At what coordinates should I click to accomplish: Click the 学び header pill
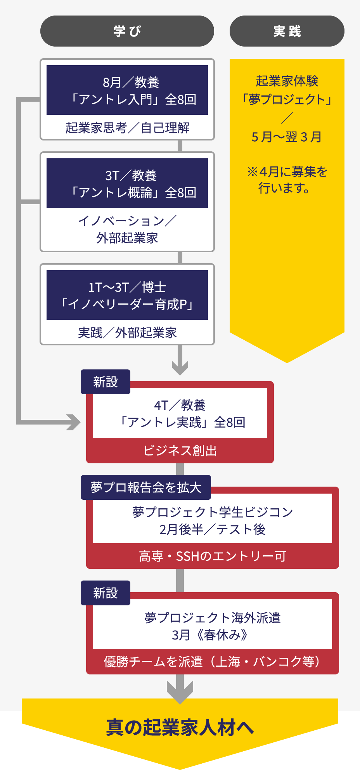click(127, 31)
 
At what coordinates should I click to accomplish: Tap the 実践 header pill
click(287, 31)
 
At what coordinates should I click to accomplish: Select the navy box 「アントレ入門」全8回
click(127, 90)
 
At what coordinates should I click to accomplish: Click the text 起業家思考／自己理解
click(127, 128)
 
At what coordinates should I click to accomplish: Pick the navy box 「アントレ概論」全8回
click(127, 183)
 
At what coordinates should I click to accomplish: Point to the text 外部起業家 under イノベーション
click(127, 238)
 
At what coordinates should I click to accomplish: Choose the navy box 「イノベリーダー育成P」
click(127, 295)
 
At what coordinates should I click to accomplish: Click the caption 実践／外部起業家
click(127, 333)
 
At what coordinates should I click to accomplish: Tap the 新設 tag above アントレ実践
click(105, 382)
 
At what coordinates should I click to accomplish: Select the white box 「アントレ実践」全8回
click(180, 413)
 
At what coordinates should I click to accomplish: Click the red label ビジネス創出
click(180, 451)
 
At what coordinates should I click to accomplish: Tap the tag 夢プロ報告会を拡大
click(145, 487)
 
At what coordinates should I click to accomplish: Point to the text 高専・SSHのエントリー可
click(212, 556)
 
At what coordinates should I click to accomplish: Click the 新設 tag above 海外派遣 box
click(105, 593)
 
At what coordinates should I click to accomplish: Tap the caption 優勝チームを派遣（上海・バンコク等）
click(212, 662)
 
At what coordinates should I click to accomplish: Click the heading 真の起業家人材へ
click(180, 728)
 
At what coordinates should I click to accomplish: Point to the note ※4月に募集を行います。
click(287, 180)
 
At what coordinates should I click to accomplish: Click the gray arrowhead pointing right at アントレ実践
click(73, 422)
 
